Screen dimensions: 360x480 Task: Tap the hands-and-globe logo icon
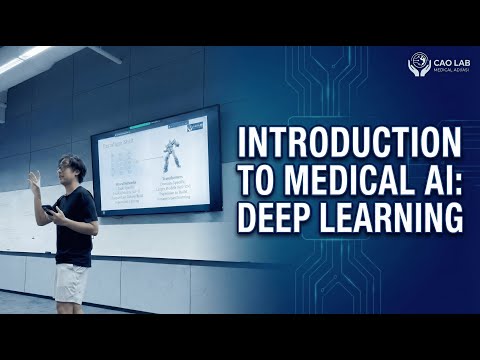pyautogui.click(x=419, y=65)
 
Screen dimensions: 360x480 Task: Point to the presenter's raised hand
pyautogui.click(x=34, y=178)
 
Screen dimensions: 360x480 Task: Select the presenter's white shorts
pyautogui.click(x=72, y=281)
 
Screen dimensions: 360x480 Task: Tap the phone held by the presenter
pyautogui.click(x=48, y=210)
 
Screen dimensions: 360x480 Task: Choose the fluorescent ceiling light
pyautogui.click(x=24, y=60)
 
